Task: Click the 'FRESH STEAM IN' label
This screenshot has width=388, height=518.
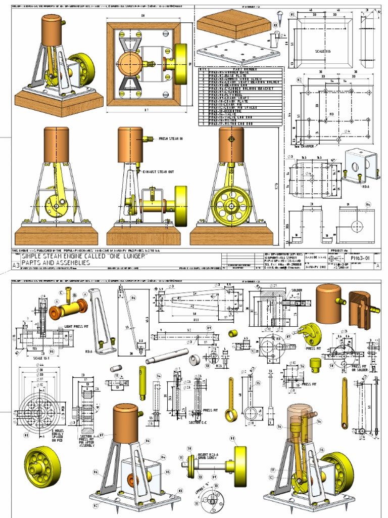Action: pyautogui.click(x=170, y=138)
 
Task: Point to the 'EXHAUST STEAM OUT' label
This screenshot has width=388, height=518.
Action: pyautogui.click(x=159, y=172)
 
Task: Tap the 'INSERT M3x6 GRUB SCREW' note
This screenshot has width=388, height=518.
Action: pyautogui.click(x=208, y=455)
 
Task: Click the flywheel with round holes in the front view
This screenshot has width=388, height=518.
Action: pyautogui.click(x=231, y=206)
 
